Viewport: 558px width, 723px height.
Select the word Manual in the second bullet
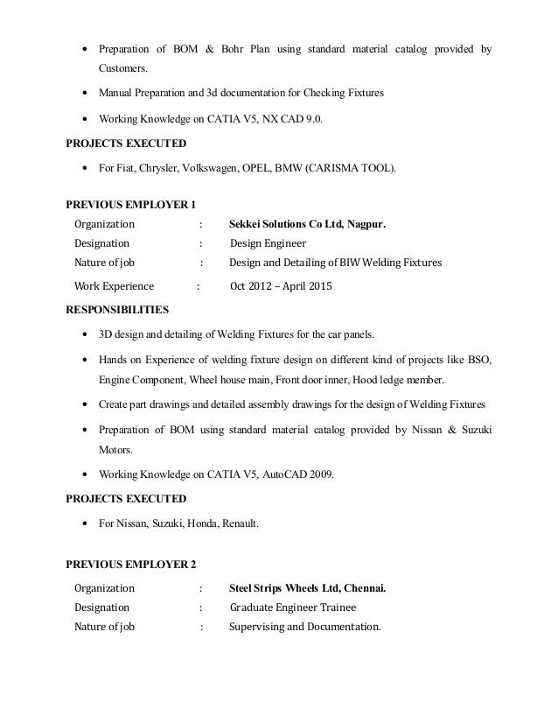point(116,93)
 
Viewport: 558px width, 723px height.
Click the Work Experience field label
point(114,286)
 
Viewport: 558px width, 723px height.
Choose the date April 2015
point(307,286)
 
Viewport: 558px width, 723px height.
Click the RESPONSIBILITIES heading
point(118,309)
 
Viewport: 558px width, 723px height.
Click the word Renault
point(239,523)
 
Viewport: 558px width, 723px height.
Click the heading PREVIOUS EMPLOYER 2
point(131,563)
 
